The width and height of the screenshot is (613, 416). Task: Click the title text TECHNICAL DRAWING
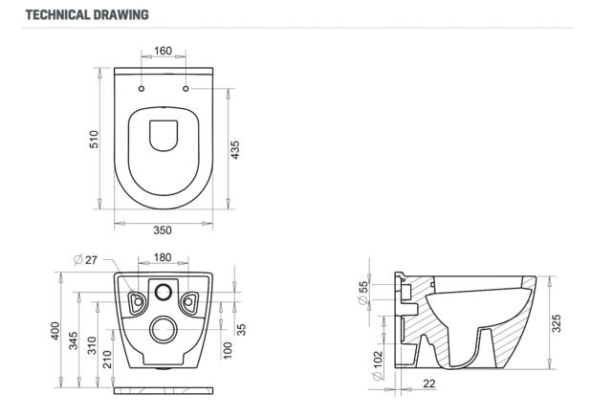[86, 14]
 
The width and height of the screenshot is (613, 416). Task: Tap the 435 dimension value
[236, 150]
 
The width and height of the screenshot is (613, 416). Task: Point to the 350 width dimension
[163, 230]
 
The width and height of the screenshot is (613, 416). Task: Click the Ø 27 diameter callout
[87, 258]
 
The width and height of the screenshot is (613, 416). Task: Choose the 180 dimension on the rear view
[163, 257]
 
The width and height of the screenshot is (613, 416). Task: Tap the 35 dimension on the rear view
[241, 328]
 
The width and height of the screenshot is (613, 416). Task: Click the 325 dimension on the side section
[556, 324]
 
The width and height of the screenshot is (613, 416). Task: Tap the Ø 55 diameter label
[363, 293]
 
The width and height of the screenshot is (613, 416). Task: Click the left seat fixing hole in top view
[141, 89]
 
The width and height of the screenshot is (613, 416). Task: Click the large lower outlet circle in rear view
[164, 330]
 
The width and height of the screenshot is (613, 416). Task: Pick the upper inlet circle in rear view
[164, 291]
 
